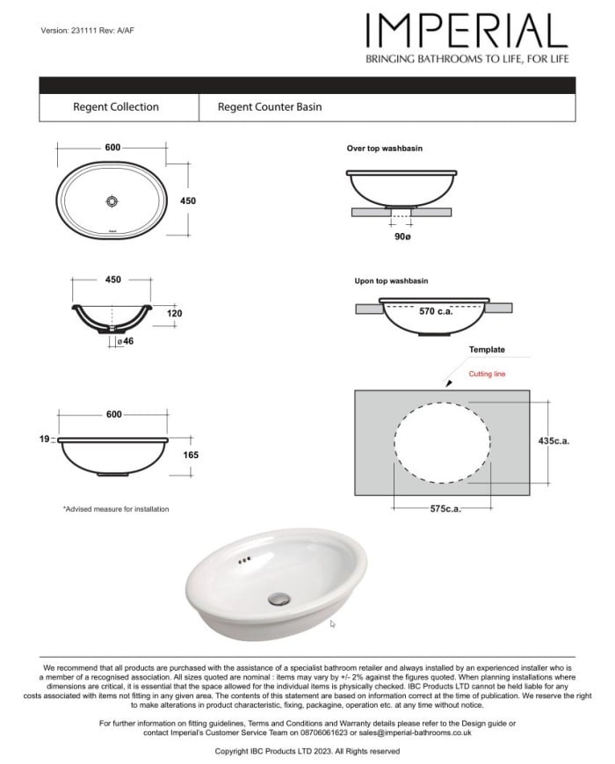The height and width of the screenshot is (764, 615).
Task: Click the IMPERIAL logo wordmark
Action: [x=467, y=33]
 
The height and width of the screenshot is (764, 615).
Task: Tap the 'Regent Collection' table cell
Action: [x=116, y=107]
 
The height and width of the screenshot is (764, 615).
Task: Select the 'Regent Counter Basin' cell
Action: [x=270, y=107]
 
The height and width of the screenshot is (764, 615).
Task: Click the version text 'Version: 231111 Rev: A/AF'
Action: [x=88, y=31]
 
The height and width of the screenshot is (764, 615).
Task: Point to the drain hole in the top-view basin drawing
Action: [x=112, y=201]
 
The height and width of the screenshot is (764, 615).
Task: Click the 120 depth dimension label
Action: [x=174, y=313]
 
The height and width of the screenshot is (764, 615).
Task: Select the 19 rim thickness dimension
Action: [x=44, y=437]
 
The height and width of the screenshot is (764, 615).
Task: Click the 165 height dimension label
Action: [x=191, y=455]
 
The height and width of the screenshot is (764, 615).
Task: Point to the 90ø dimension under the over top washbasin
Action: [x=402, y=237]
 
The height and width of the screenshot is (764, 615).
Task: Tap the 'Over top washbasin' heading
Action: [x=384, y=149]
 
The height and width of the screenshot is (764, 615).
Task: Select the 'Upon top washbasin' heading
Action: [x=391, y=281]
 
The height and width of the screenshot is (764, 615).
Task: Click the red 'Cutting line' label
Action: [x=487, y=375]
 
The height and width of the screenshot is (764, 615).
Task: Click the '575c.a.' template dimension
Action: [x=446, y=509]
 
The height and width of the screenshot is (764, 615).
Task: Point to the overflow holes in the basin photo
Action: [x=245, y=559]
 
